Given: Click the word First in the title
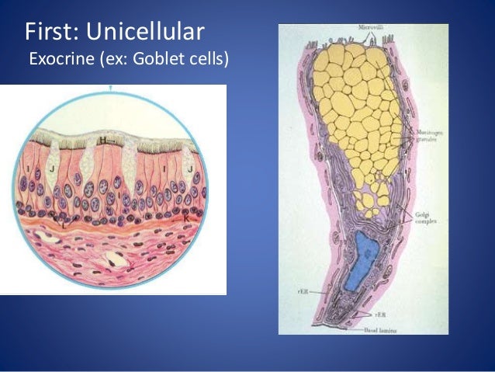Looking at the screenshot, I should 51,32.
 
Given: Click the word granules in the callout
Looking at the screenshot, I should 424,140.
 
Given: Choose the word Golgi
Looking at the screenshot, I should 421,214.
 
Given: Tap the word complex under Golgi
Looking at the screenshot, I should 424,221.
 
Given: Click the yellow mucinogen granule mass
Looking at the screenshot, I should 357,116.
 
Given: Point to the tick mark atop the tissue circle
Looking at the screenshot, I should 112,89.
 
